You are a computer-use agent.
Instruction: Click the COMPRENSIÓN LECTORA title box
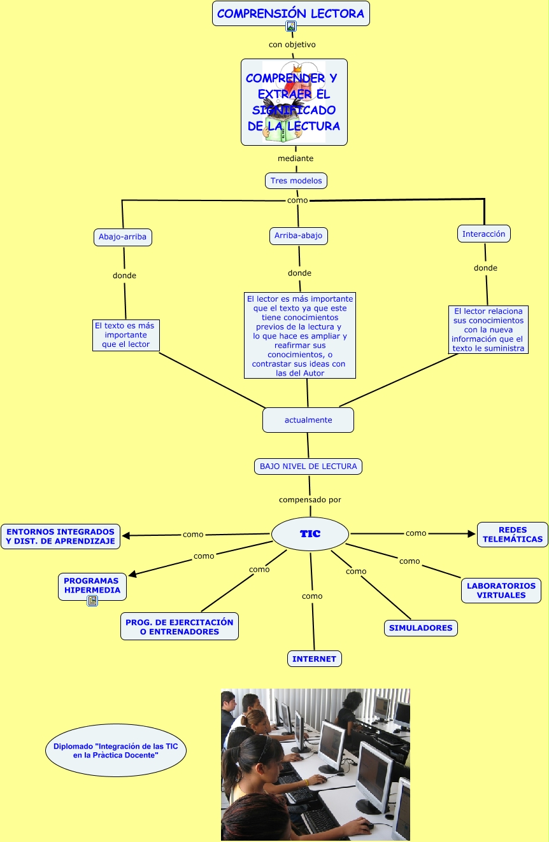(x=290, y=13)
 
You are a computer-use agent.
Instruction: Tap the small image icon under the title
(x=291, y=26)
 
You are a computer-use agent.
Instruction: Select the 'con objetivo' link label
(x=292, y=45)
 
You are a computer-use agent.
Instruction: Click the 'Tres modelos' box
(x=296, y=181)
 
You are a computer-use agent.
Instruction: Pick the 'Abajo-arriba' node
(x=122, y=237)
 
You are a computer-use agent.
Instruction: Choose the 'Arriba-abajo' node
(x=298, y=235)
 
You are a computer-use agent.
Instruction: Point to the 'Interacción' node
(x=483, y=234)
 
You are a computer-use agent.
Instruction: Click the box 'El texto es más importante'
(x=125, y=335)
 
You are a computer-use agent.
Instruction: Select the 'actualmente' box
(x=308, y=420)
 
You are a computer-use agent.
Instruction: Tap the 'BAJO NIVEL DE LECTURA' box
(x=308, y=467)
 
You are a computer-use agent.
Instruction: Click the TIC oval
(x=310, y=534)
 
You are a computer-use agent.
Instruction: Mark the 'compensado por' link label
(x=310, y=500)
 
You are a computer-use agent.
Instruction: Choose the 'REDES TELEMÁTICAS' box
(x=512, y=535)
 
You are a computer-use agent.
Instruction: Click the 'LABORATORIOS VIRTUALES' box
(x=501, y=591)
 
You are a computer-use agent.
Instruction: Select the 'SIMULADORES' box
(x=420, y=628)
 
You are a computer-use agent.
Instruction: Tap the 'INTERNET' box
(x=314, y=659)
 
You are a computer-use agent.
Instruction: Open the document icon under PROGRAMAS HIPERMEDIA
(x=92, y=600)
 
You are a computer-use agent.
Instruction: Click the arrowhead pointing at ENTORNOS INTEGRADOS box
(x=126, y=536)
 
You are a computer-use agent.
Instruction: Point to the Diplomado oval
(x=115, y=750)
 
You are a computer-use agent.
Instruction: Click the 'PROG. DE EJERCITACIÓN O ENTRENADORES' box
(x=180, y=627)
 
